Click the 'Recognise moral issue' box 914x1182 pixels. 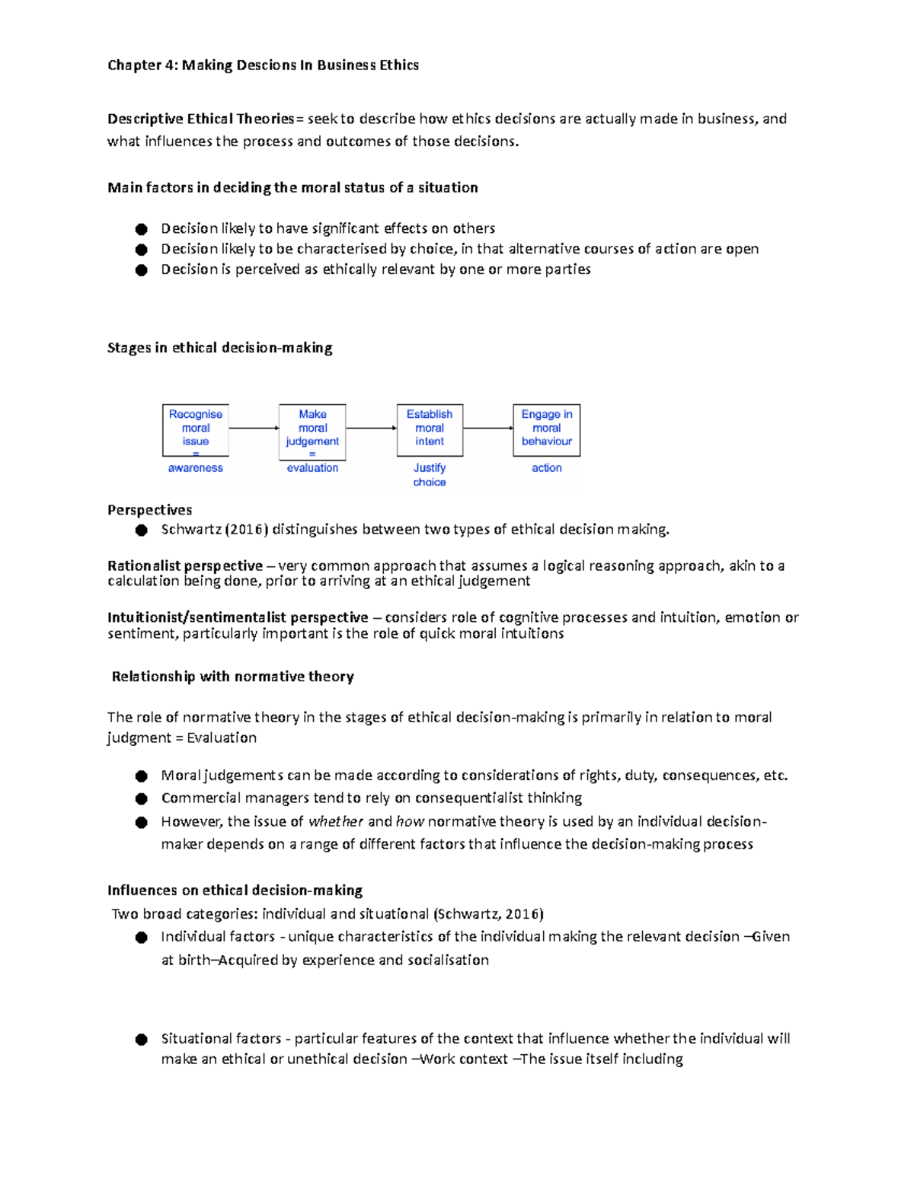click(x=196, y=430)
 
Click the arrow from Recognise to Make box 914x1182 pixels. click(x=254, y=429)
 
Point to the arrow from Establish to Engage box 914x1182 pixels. click(x=488, y=429)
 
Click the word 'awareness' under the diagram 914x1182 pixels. click(x=196, y=468)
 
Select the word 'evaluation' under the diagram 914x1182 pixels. click(x=312, y=468)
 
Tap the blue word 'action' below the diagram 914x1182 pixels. click(x=547, y=468)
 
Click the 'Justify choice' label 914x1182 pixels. click(x=430, y=475)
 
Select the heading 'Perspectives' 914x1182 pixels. click(x=149, y=510)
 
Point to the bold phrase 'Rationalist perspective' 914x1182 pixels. click(x=185, y=566)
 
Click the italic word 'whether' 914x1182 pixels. click(x=336, y=821)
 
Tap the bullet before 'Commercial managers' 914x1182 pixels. click(x=141, y=798)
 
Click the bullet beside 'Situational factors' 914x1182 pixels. click(x=141, y=1039)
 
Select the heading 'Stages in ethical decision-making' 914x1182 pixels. click(x=219, y=348)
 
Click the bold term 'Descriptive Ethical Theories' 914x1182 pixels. click(x=201, y=119)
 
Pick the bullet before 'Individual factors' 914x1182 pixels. click(x=141, y=937)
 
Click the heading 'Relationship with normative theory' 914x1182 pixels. click(x=232, y=677)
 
